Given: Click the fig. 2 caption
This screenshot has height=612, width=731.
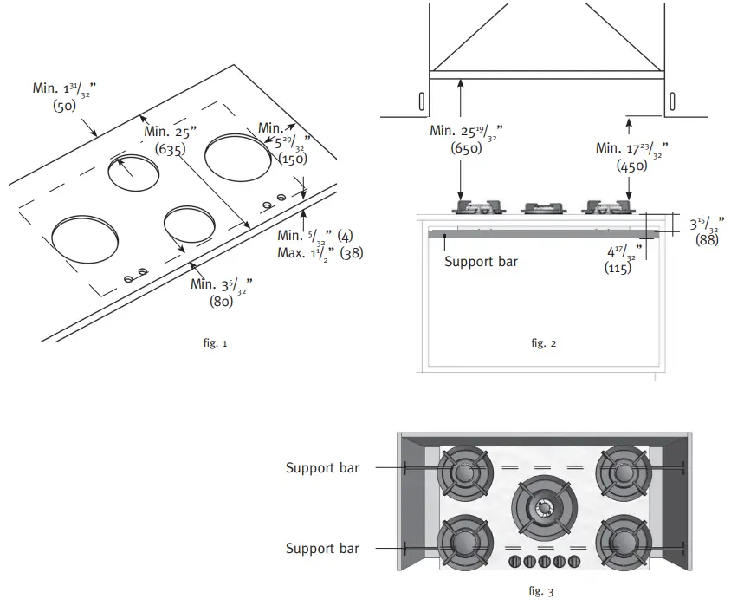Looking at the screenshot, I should tap(543, 343).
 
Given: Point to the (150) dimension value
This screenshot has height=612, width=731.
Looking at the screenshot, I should tap(293, 160).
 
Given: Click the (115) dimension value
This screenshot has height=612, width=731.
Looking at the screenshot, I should tap(617, 270).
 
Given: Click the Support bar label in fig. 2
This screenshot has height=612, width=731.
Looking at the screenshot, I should tap(481, 261).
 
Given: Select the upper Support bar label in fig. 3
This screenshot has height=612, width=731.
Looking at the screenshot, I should tap(322, 468).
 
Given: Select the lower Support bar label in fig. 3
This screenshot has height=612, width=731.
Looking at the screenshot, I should tap(322, 548).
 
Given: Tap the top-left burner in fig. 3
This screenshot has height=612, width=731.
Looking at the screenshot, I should tap(466, 473).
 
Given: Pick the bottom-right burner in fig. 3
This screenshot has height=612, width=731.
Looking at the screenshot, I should tap(622, 544).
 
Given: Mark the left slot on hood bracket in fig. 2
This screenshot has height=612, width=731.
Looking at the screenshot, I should tap(421, 101).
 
